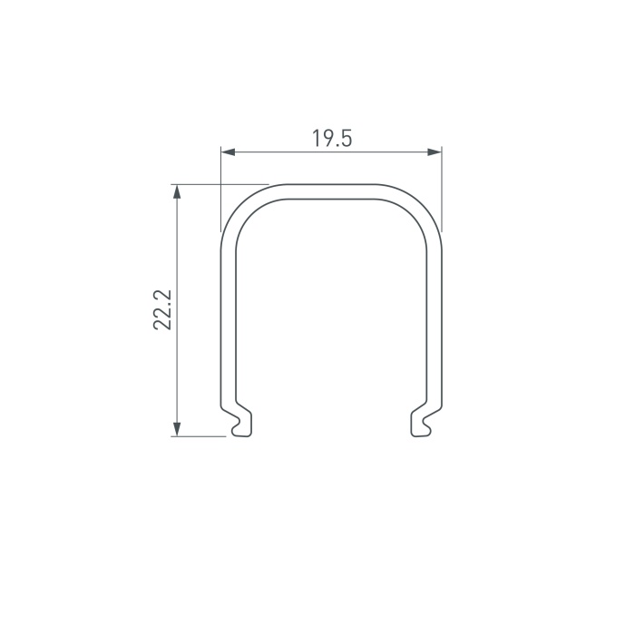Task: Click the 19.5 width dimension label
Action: pyautogui.click(x=332, y=138)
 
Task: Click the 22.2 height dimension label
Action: pyautogui.click(x=162, y=310)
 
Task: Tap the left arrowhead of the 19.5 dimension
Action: pyautogui.click(x=229, y=152)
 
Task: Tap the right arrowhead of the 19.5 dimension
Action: pyautogui.click(x=435, y=152)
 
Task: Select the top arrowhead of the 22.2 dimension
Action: pyautogui.click(x=177, y=192)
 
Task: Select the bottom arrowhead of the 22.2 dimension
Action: pyautogui.click(x=177, y=429)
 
